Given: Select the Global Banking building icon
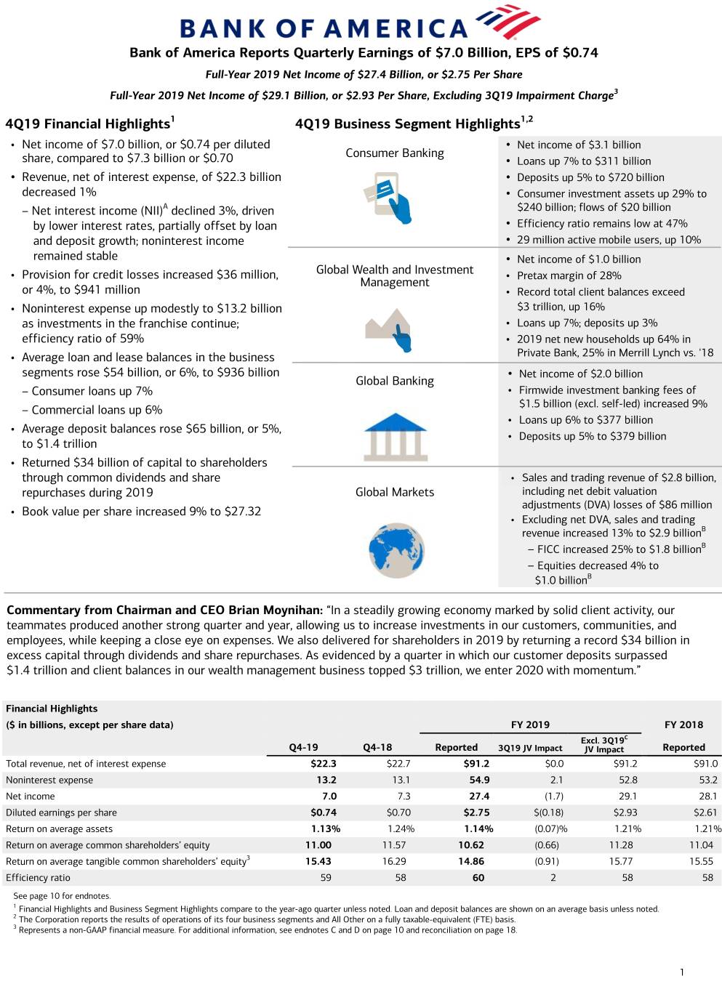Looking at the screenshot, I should click(395, 436).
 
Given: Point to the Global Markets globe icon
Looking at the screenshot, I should click(396, 550).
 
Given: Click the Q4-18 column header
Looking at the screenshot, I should click(377, 747).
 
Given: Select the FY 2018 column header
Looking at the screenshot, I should click(683, 725).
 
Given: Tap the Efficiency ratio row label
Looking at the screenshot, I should click(38, 878).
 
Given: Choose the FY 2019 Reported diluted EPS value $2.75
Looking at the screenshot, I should click(476, 812).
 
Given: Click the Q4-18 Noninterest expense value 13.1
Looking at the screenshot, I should click(401, 780).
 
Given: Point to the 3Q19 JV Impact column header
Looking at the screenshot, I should click(530, 748).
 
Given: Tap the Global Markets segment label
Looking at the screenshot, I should click(394, 492).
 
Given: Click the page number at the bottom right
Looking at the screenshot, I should click(681, 972).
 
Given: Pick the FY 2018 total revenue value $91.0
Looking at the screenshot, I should click(705, 764).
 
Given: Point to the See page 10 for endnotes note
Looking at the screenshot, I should click(62, 896).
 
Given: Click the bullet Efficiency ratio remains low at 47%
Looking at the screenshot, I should click(601, 224).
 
